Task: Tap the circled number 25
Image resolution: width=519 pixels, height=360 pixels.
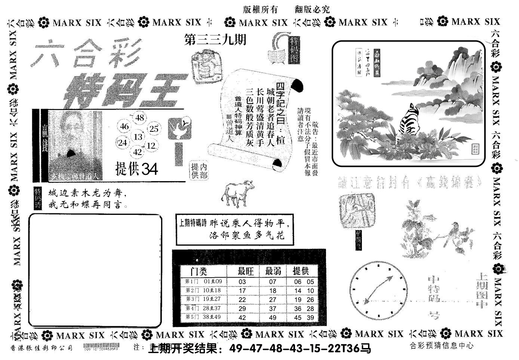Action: tap(154, 129)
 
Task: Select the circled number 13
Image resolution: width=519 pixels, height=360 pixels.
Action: tap(138, 137)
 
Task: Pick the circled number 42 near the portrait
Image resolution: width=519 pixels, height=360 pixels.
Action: tap(138, 152)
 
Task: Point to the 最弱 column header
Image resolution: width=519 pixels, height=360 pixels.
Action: tap(273, 271)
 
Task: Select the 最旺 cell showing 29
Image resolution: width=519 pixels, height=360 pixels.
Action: tap(242, 309)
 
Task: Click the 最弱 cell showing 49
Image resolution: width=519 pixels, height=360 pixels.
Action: tap(273, 318)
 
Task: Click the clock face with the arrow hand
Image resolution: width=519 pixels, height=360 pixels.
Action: tap(378, 290)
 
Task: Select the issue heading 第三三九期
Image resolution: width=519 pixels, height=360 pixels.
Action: tap(215, 40)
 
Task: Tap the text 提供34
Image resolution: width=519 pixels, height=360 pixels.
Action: tap(136, 170)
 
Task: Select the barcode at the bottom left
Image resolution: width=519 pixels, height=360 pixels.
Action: tap(101, 347)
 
